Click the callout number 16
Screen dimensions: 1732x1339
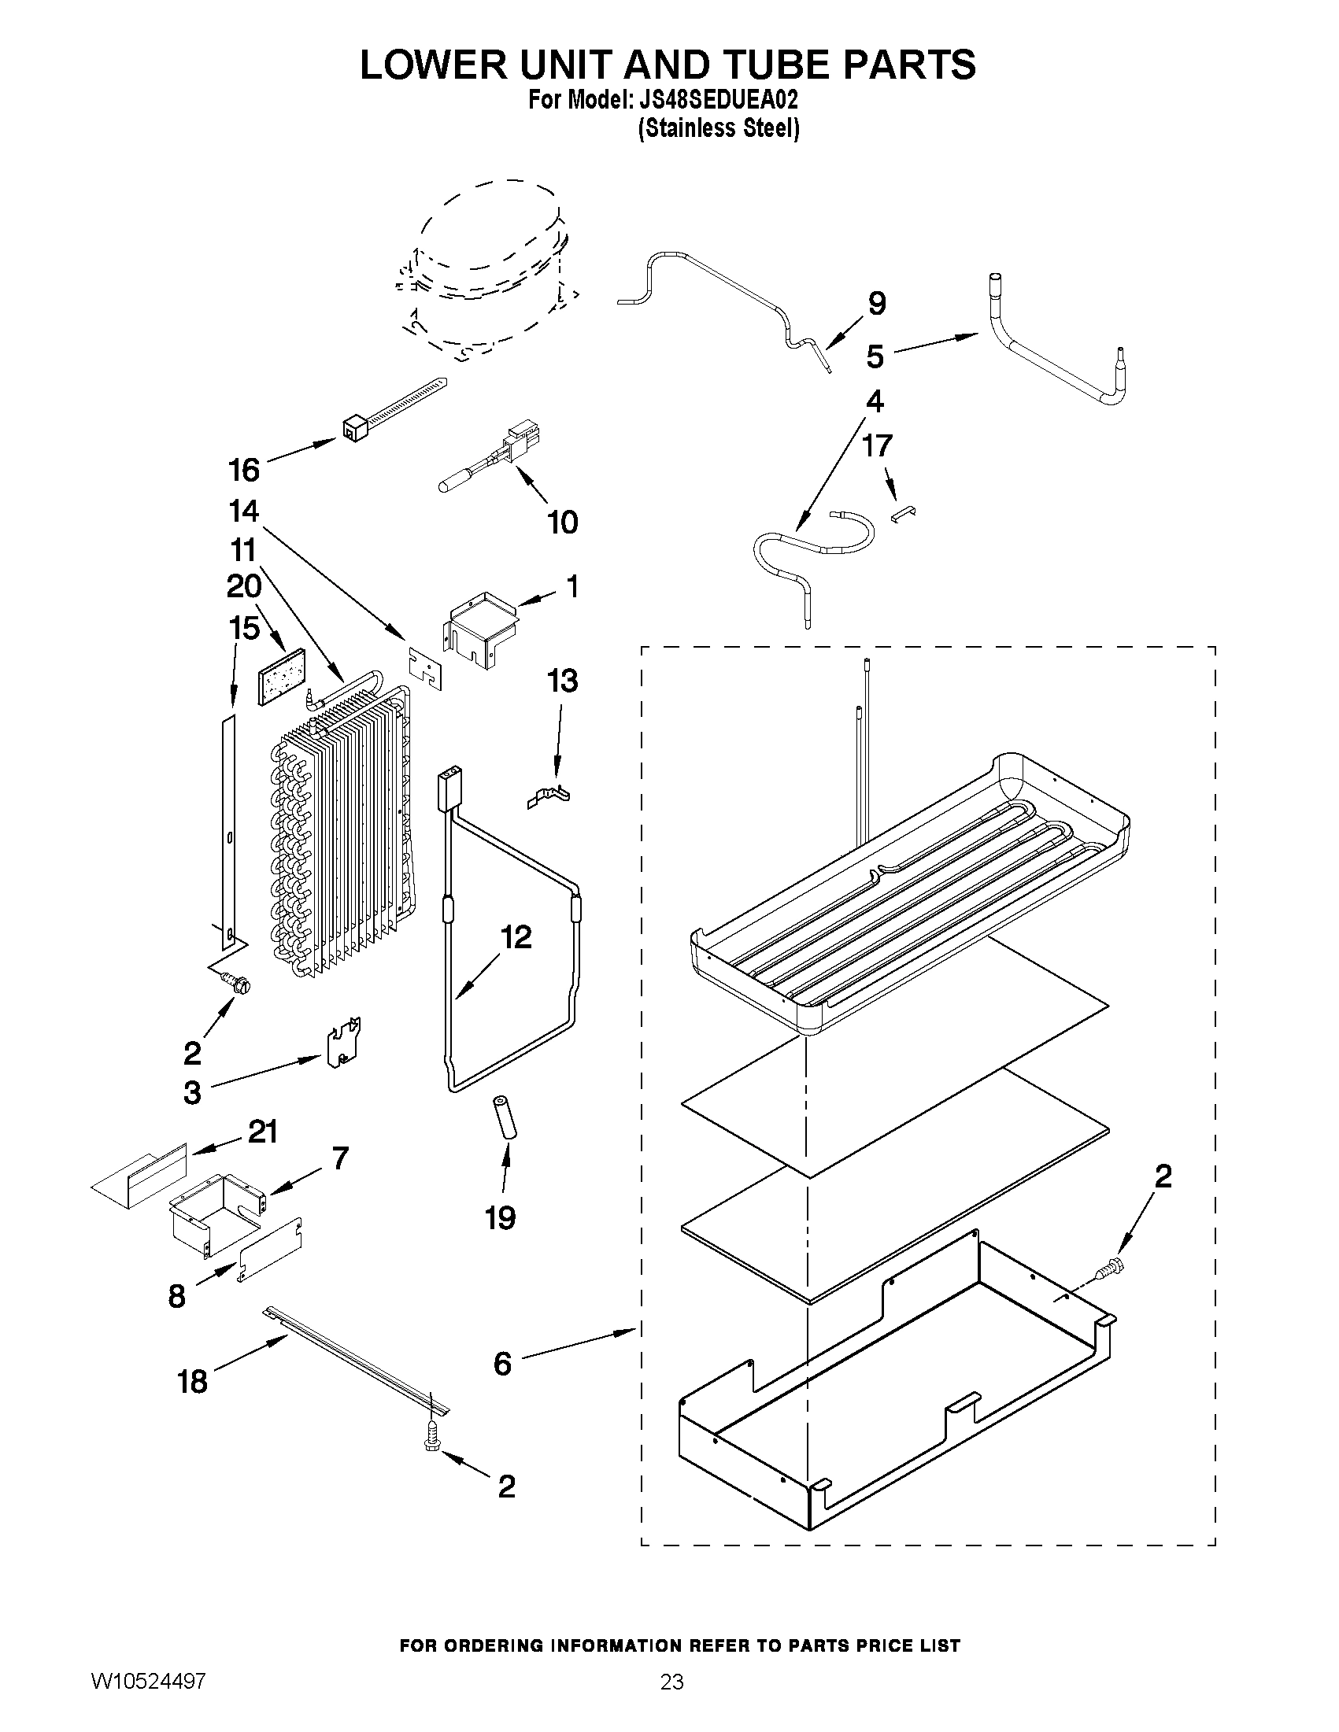(243, 471)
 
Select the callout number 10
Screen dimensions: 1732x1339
(562, 523)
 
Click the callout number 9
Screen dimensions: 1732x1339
(876, 304)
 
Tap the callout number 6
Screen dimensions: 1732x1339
(502, 1364)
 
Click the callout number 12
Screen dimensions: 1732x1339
(516, 937)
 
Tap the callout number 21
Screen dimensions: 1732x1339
(263, 1132)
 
